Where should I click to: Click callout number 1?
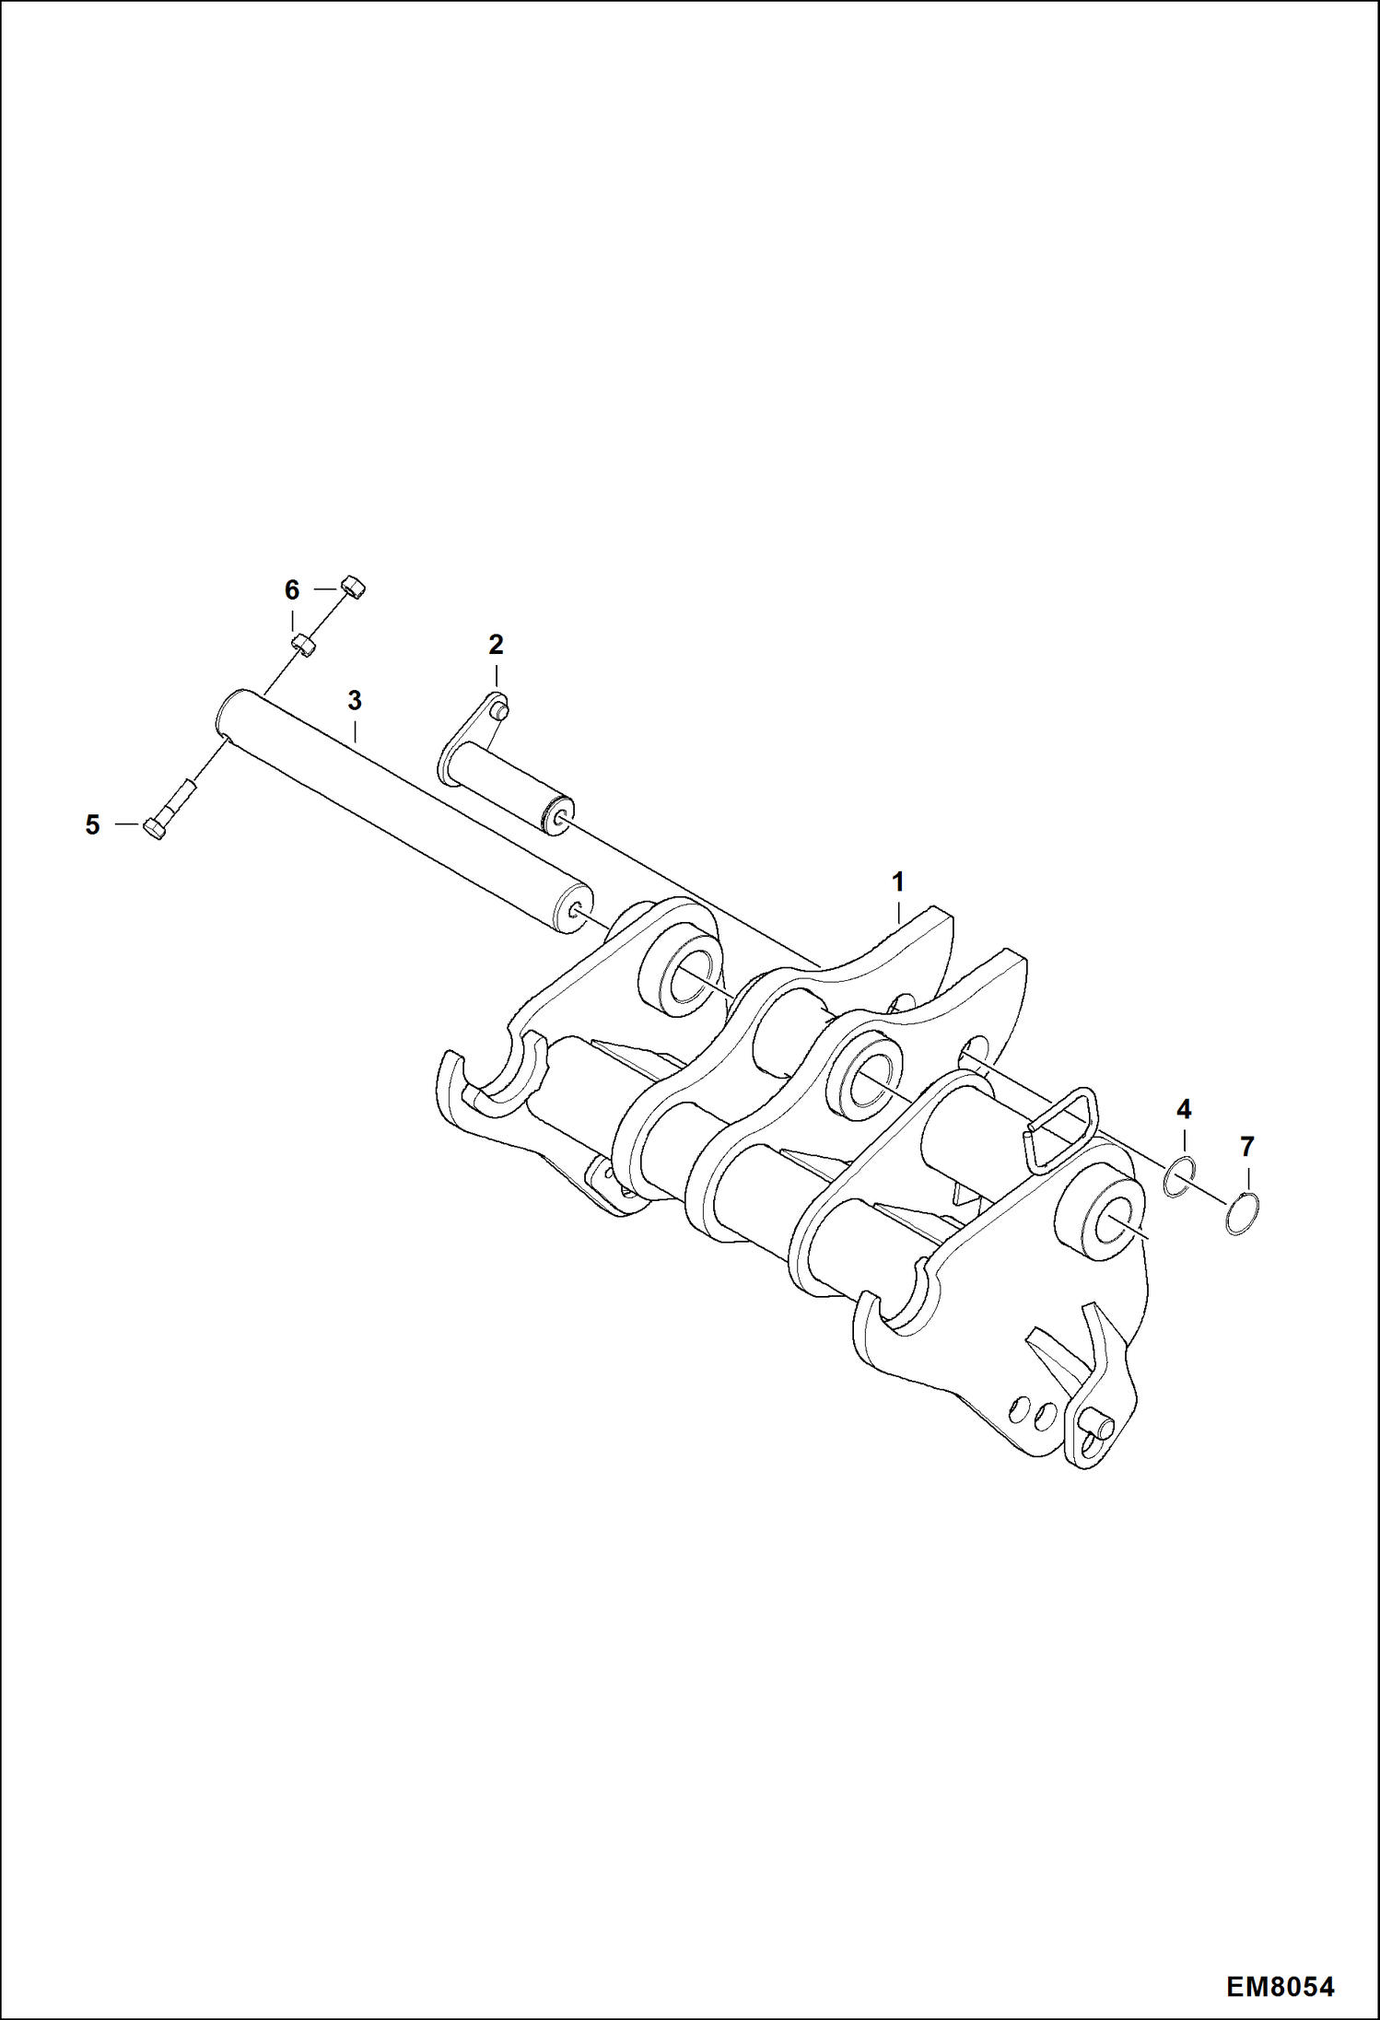click(897, 882)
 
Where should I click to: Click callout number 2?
click(496, 645)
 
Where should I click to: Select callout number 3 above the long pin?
click(355, 701)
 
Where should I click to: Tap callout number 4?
click(1184, 1109)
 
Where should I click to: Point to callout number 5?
click(92, 825)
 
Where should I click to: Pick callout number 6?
click(291, 590)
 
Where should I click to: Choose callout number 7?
click(1247, 1148)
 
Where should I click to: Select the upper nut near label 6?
click(352, 585)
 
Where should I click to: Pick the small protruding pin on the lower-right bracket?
click(1101, 1428)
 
